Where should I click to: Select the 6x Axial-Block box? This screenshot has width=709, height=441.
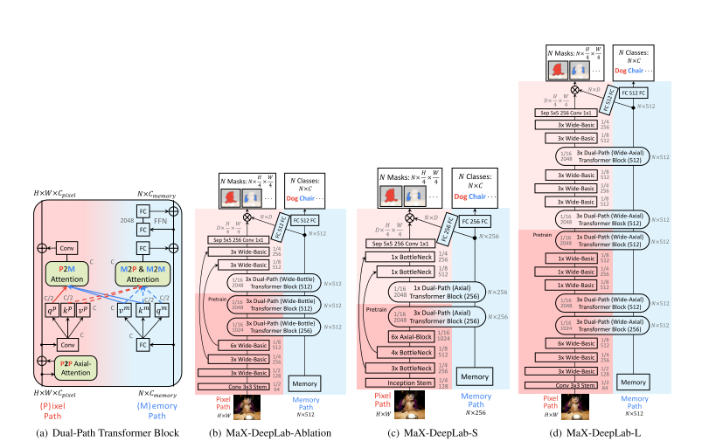[x=409, y=337]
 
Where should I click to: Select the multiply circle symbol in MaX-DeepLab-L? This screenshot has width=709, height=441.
[x=574, y=88]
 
